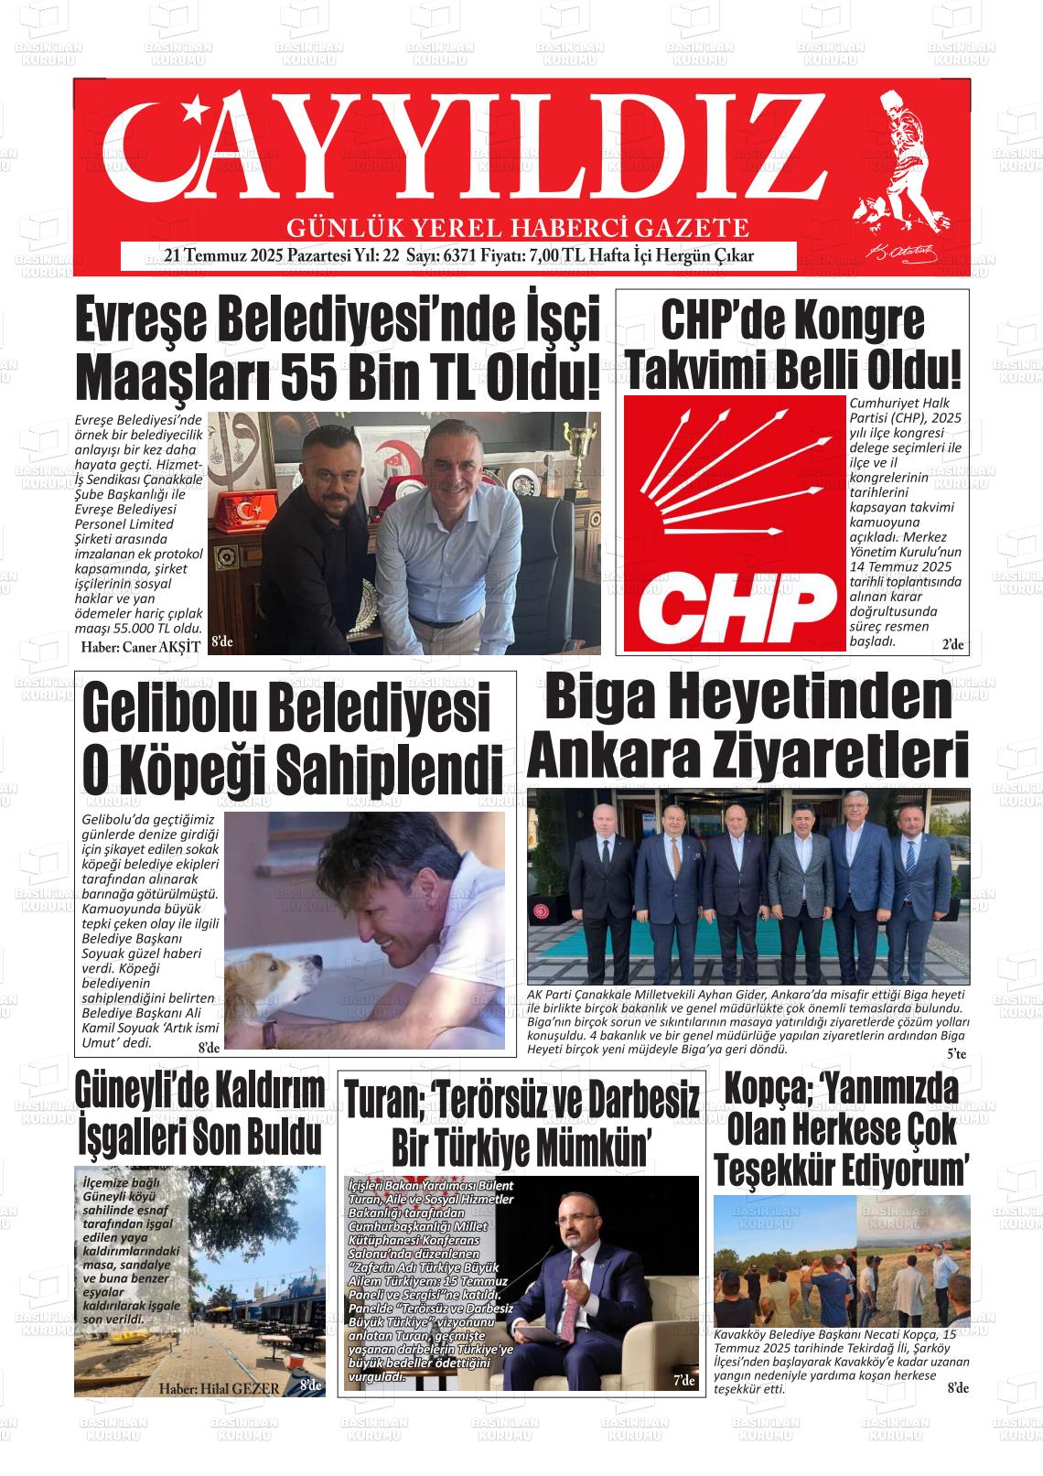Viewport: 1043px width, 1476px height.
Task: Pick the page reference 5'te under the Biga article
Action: click(x=956, y=1054)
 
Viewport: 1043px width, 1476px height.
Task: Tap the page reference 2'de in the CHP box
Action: click(x=952, y=645)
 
